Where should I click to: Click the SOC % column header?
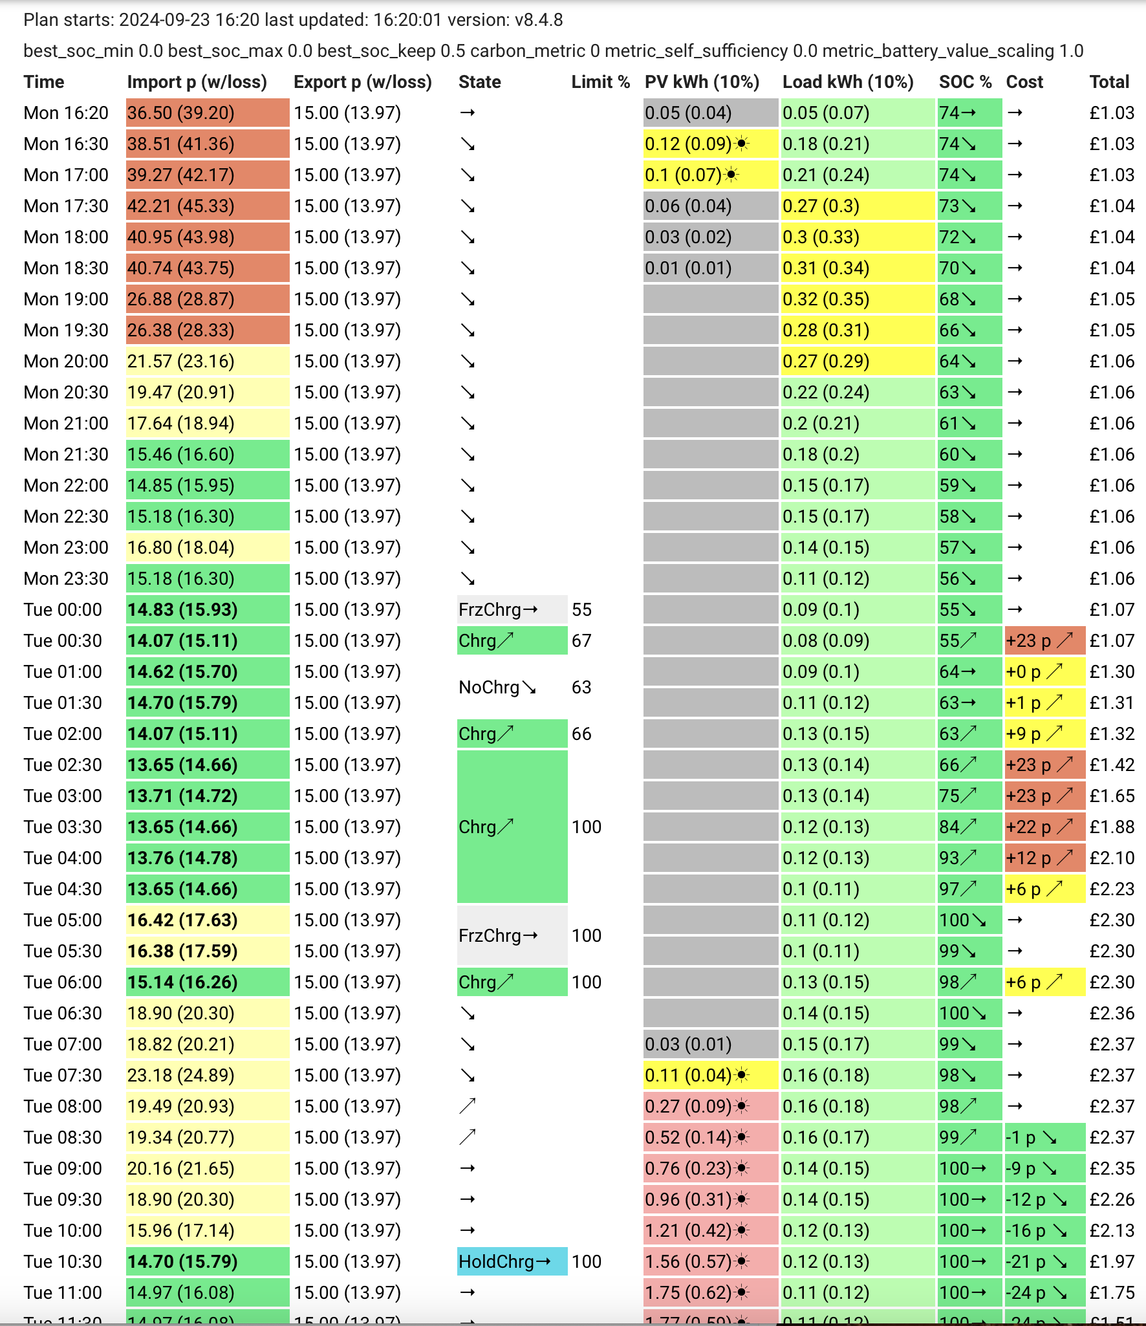click(965, 82)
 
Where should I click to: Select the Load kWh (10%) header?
click(848, 82)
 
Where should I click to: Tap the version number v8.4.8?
click(539, 20)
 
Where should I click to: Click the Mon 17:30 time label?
click(66, 206)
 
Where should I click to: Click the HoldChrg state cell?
click(512, 1262)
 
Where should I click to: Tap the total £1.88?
click(1112, 827)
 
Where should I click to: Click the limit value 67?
click(581, 641)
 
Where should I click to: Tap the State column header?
click(480, 82)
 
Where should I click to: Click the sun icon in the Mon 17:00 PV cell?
click(731, 175)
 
